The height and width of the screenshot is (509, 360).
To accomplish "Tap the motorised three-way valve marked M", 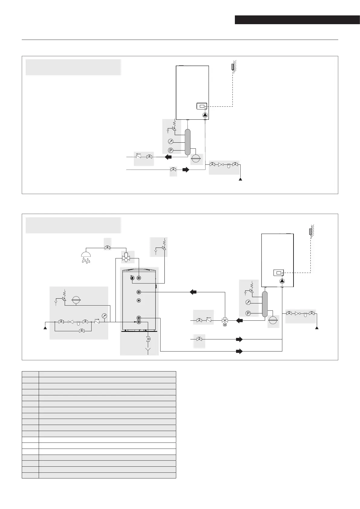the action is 225,321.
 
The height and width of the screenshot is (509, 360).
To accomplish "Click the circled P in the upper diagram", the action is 170,150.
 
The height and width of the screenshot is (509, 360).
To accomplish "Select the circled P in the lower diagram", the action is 248,313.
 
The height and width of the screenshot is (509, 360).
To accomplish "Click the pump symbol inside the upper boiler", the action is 205,115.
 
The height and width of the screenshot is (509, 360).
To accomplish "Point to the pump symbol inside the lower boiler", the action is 282,281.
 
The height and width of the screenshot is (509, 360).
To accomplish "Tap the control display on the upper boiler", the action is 202,106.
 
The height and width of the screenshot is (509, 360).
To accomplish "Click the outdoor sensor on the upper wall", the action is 232,66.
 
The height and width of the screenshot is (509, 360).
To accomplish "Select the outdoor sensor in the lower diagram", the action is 310,232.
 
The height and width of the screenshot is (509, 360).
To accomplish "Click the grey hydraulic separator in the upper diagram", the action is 188,142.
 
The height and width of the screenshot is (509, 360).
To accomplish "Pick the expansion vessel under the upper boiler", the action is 196,158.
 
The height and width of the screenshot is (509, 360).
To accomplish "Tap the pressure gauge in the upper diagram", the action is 171,141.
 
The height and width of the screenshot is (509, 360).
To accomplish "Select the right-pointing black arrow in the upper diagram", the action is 186,170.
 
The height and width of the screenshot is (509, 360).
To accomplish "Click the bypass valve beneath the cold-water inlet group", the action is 81,331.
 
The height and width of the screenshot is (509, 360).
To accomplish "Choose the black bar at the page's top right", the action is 297,20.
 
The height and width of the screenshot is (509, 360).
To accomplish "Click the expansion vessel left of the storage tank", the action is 76,300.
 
